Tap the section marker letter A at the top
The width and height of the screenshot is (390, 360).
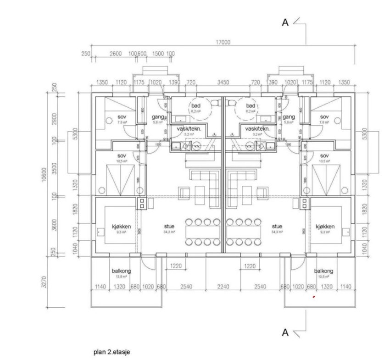pos(285,22)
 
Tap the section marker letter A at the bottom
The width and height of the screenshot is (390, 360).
pos(285,332)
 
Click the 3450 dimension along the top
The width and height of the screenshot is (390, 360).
pos(223,83)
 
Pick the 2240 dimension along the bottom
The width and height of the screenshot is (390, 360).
pos(223,287)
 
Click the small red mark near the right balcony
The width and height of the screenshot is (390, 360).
pos(313,297)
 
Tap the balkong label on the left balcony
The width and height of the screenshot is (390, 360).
pos(121,271)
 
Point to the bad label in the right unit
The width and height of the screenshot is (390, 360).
pos(251,105)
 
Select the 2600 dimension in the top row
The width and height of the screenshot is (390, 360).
pos(116,54)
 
